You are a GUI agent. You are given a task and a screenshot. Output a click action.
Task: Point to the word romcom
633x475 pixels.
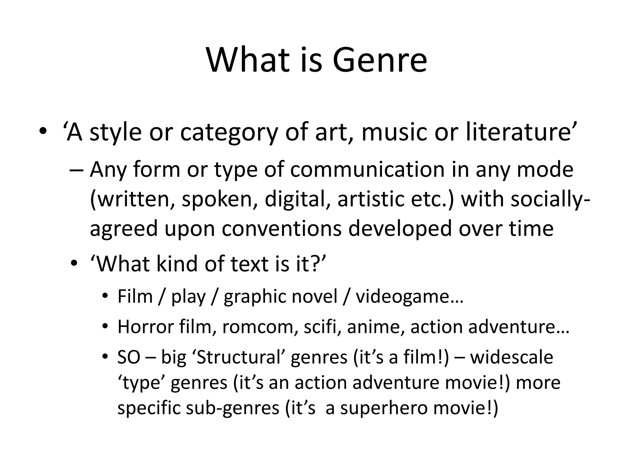point(258,327)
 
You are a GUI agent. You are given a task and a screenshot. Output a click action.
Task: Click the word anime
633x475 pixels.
point(375,327)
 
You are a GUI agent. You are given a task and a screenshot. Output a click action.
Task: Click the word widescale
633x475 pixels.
point(512,357)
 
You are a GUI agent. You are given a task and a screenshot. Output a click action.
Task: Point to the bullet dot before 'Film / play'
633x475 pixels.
point(105,296)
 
